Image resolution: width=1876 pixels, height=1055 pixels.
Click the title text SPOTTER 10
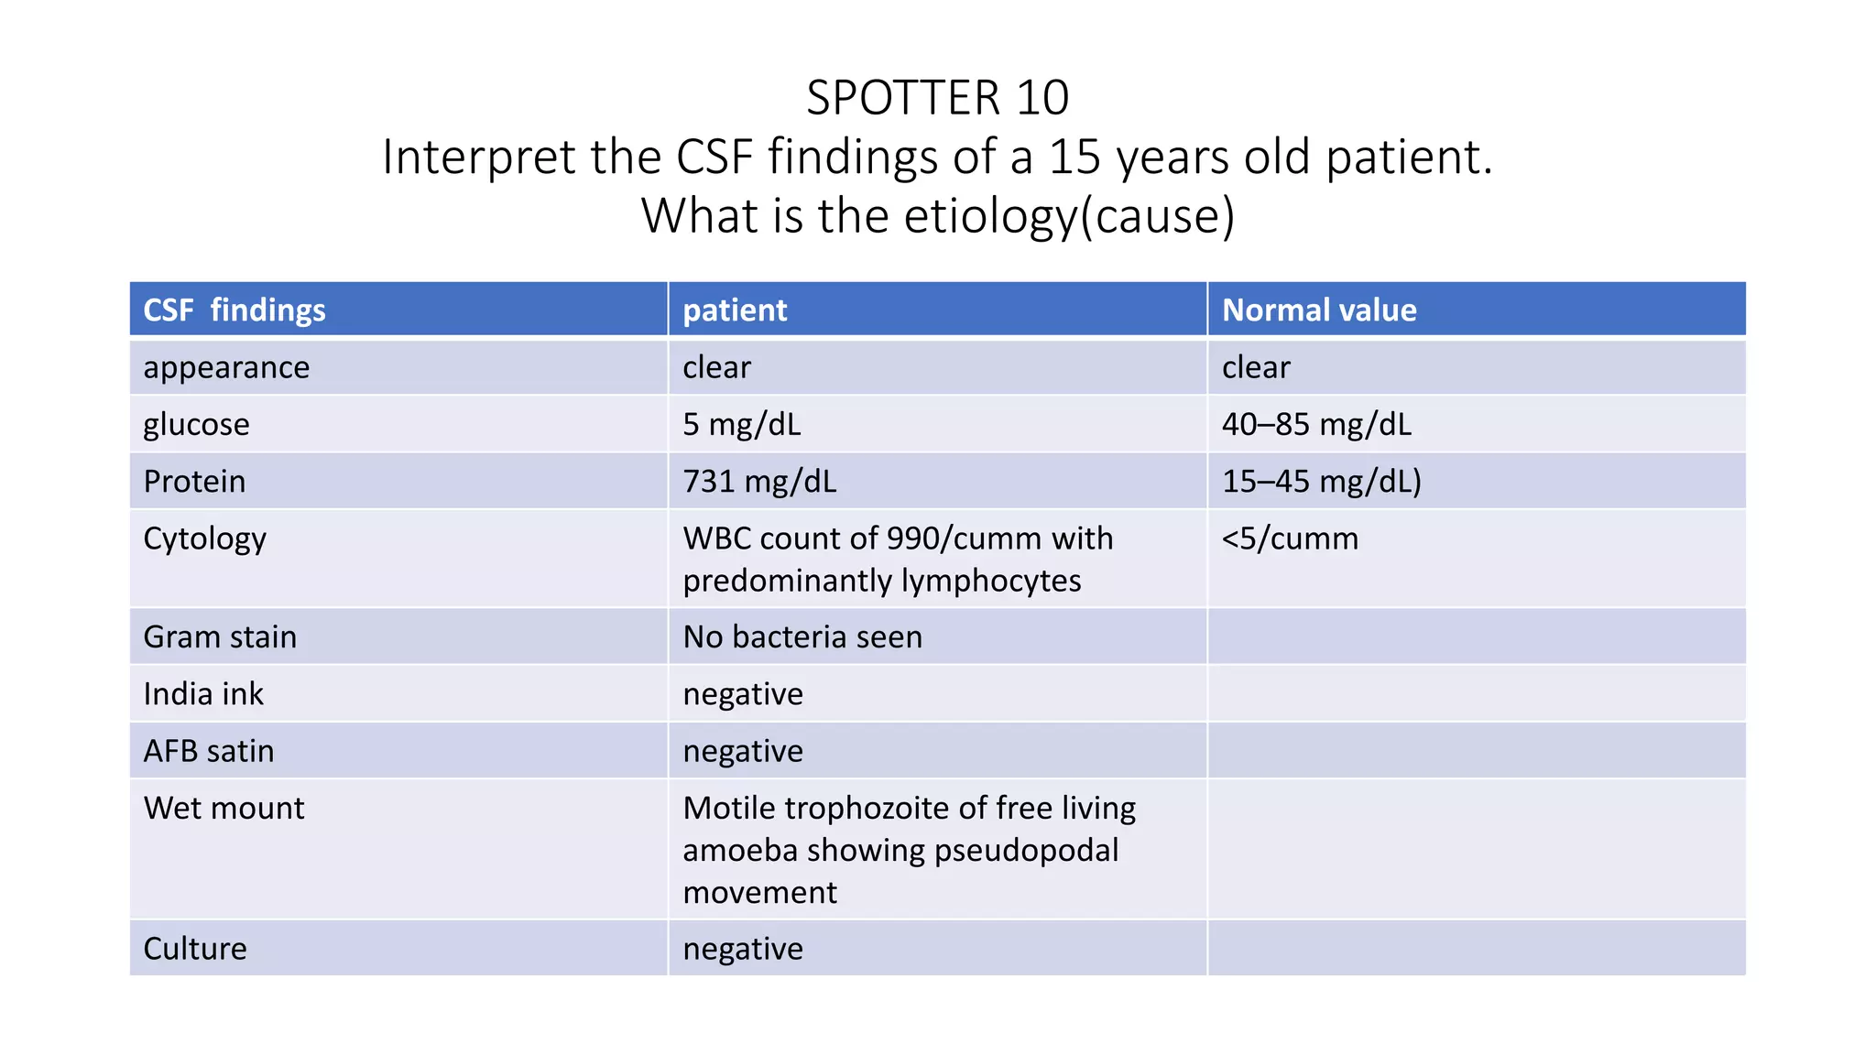coord(937,98)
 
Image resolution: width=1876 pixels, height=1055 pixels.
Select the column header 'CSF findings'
coord(234,310)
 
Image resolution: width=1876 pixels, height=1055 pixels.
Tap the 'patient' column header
coord(735,310)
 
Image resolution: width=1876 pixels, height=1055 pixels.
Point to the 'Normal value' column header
coord(1319,310)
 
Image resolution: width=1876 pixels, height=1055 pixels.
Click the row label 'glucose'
coord(196,425)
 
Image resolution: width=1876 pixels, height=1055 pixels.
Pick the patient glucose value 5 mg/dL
coord(742,425)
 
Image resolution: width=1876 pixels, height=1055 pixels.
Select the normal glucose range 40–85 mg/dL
coord(1316,425)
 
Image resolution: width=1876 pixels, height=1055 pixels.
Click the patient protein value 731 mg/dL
coord(759,482)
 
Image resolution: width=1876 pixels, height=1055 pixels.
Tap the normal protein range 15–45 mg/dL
coord(1321,482)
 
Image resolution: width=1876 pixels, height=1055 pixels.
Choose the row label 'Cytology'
coord(204,538)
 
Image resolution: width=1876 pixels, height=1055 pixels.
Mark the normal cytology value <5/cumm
coord(1290,538)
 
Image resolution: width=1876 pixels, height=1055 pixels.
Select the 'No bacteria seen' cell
coord(802,637)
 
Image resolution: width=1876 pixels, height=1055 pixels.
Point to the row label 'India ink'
coord(203,694)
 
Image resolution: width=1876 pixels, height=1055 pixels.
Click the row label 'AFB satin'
coord(209,751)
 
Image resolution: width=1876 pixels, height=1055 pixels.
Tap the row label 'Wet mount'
coord(224,808)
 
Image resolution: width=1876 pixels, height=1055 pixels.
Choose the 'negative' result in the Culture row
coord(743,949)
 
